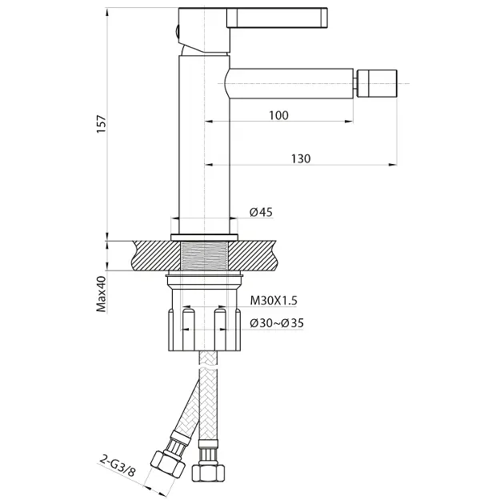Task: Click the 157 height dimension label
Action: coord(102,124)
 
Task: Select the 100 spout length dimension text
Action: coord(278,115)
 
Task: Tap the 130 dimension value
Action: coord(301,158)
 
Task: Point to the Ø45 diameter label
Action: coord(261,212)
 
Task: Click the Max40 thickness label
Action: coord(102,294)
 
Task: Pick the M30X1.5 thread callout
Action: coord(274,301)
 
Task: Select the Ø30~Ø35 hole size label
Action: coord(277,323)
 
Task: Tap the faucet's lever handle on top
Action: coord(277,18)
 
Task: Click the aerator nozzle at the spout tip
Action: coord(378,83)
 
